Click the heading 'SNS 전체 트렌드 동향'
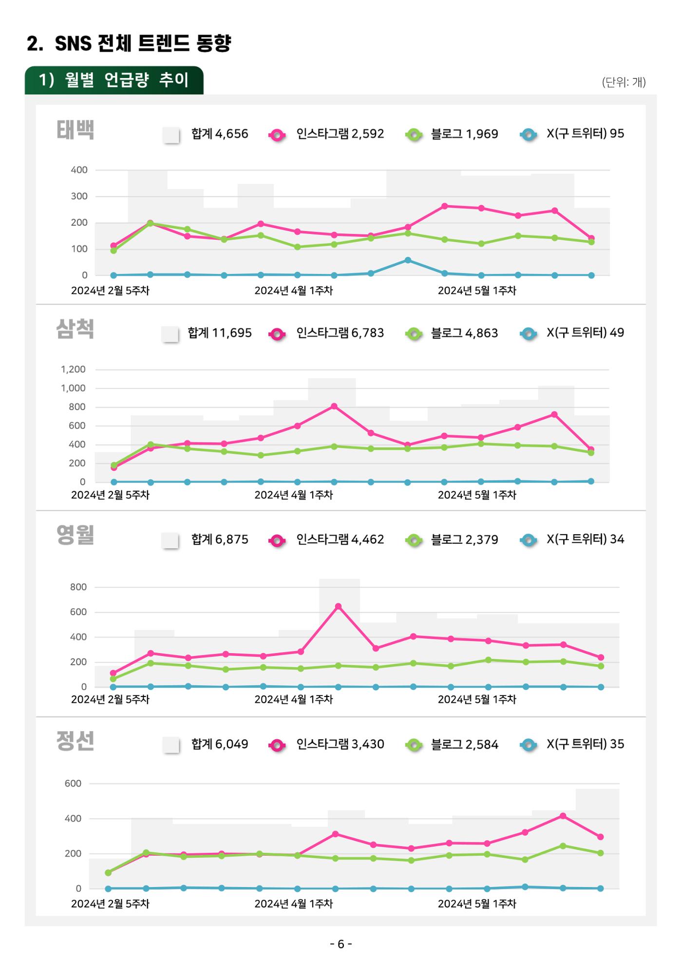tap(143, 44)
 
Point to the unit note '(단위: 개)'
tap(624, 82)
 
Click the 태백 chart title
tap(75, 130)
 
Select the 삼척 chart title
tap(75, 329)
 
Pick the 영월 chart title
tap(75, 535)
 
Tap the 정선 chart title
tap(75, 741)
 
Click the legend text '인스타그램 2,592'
tap(340, 134)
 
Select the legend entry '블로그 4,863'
tap(464, 333)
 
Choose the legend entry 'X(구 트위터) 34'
tap(585, 539)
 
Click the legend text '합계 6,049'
tap(220, 744)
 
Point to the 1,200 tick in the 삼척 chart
tap(73, 369)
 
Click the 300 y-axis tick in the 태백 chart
tap(79, 196)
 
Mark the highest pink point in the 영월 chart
tap(338, 606)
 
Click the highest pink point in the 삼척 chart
tap(334, 406)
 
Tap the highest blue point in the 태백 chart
tap(408, 260)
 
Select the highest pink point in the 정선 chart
tap(563, 816)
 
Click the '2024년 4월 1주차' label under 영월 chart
tap(293, 699)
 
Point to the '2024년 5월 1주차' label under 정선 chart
tap(477, 904)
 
